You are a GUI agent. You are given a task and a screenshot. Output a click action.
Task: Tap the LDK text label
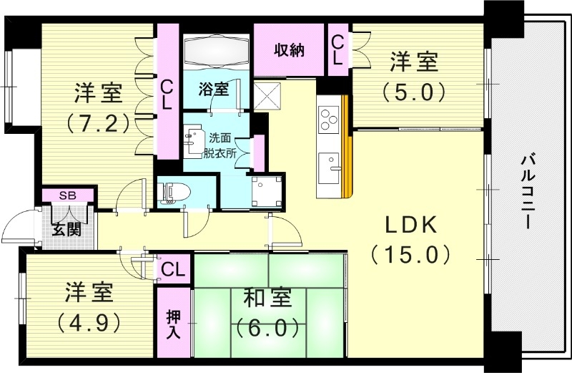[x=410, y=226]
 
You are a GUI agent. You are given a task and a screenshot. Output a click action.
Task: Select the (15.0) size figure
[x=410, y=253]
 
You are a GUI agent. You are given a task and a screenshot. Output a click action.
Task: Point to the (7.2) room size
[x=97, y=122]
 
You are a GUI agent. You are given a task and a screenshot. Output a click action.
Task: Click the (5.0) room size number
[x=413, y=92]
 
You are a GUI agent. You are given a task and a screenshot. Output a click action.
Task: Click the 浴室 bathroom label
[x=214, y=89]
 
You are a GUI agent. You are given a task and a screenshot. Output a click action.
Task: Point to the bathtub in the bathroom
[x=215, y=52]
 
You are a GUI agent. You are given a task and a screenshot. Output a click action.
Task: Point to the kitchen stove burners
[x=330, y=119]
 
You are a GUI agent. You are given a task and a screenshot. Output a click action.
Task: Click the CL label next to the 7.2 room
[x=167, y=94]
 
